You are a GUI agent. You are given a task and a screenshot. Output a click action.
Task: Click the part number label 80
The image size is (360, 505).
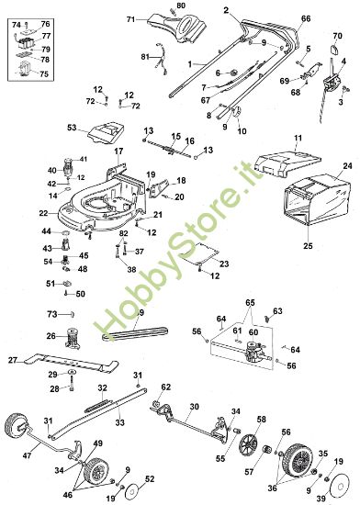(x=181, y=7)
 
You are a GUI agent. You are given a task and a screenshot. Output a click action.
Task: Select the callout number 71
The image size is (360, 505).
(x=130, y=19)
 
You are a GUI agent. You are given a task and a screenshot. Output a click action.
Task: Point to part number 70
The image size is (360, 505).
(x=337, y=36)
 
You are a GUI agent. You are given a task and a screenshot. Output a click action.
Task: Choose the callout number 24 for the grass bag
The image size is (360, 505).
(x=347, y=166)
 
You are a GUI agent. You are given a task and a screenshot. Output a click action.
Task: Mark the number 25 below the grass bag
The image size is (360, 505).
(x=307, y=246)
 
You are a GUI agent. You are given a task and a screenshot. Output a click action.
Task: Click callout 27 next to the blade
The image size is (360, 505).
(x=13, y=360)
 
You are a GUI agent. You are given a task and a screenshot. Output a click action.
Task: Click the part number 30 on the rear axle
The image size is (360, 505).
(x=194, y=406)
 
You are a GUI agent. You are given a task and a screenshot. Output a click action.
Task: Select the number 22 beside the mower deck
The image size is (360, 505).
(x=43, y=212)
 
